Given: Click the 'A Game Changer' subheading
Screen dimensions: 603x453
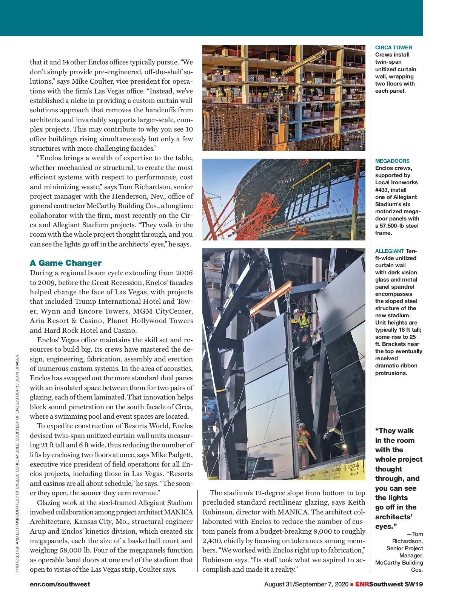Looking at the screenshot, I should (x=66, y=263).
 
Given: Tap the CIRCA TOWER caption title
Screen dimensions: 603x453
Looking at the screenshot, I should (x=393, y=47).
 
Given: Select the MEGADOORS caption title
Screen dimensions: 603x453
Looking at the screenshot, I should (x=392, y=161).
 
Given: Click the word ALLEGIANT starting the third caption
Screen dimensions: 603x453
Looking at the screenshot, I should (x=390, y=251).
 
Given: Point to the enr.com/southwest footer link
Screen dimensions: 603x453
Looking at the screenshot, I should (x=60, y=584).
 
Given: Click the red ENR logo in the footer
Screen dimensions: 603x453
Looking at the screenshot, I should (x=362, y=584).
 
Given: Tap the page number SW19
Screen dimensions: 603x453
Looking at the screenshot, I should (x=414, y=584).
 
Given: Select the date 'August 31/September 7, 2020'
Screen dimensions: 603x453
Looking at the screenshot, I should (x=306, y=584).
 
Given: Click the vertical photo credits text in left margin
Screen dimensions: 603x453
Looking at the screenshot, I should (x=17, y=464).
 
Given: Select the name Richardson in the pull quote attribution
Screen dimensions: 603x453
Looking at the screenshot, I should (x=407, y=541).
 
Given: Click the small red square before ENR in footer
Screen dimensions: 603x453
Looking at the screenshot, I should (x=352, y=584).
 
